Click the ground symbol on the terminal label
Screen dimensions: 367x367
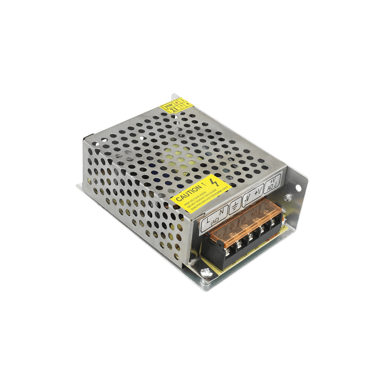pyautogui.click(x=235, y=206)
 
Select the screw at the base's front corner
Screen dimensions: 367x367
pyautogui.click(x=206, y=272)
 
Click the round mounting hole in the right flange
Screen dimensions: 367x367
pyautogui.click(x=298, y=188)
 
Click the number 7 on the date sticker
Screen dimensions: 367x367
pyautogui.click(x=182, y=106)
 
